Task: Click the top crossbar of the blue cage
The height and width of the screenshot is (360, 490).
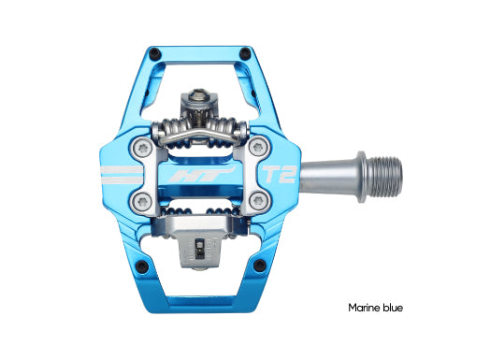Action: (195, 49)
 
